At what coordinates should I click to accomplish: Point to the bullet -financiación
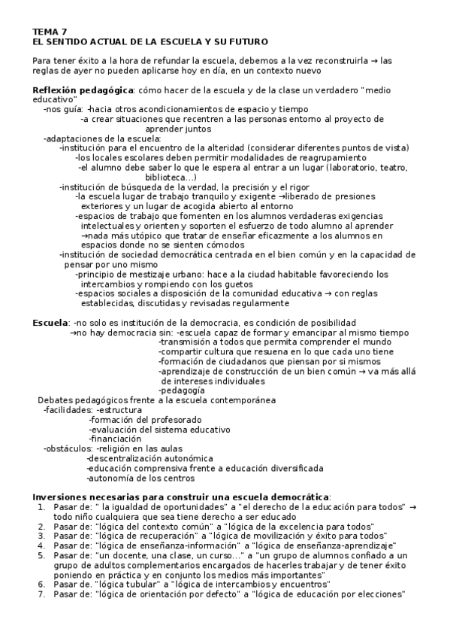(115, 439)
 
